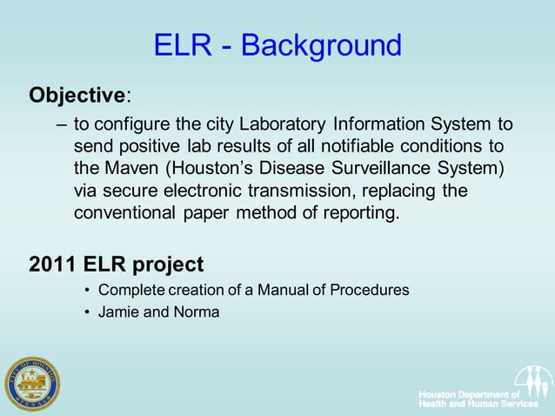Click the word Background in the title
coord(321,45)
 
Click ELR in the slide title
coord(182,45)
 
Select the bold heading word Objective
coord(77,94)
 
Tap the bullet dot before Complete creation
coord(87,290)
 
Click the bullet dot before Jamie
coord(87,312)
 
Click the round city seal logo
coord(32,383)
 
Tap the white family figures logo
coord(532,381)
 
